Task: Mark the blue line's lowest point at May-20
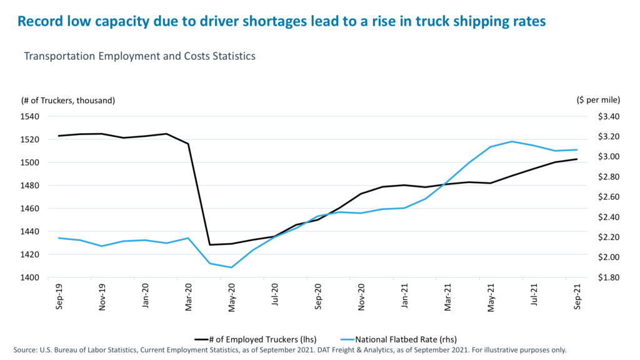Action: click(x=231, y=267)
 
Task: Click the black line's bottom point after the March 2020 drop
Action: click(x=210, y=244)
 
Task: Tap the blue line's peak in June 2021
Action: click(x=512, y=141)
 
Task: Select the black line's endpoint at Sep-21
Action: click(x=576, y=159)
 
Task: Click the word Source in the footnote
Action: click(x=27, y=350)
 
